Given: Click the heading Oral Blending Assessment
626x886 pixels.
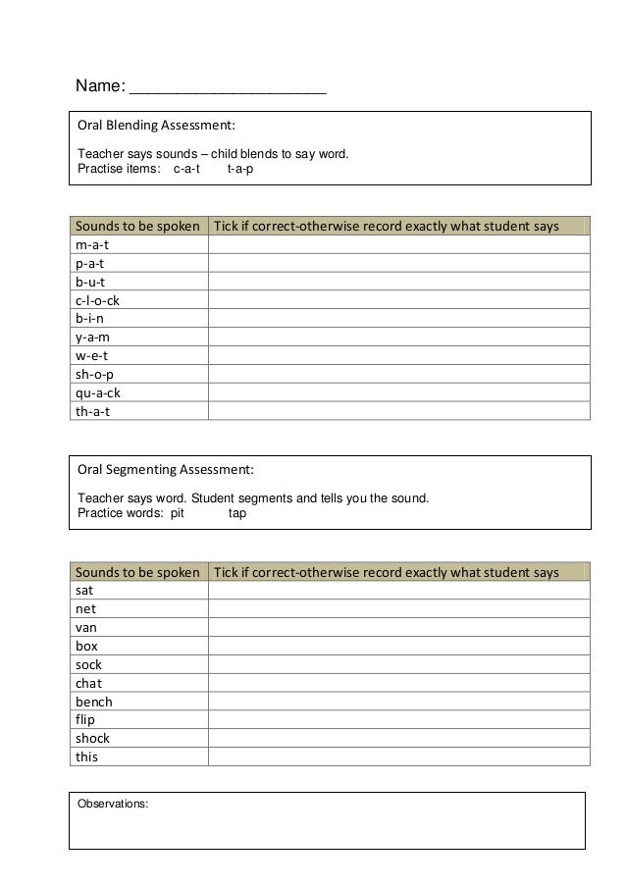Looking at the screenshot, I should point(156,128).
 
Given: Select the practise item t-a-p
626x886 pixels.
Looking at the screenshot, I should point(239,169).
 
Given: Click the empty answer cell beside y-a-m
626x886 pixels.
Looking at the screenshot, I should point(398,338).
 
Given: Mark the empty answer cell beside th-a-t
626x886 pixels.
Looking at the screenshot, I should point(398,411).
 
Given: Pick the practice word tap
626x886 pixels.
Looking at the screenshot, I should point(236,513).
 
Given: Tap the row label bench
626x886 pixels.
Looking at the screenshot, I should point(94,702).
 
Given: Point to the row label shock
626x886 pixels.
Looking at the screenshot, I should point(93,738).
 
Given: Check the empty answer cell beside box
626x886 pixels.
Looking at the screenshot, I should point(398,647).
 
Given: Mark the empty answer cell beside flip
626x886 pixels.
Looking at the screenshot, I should point(398,720).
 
